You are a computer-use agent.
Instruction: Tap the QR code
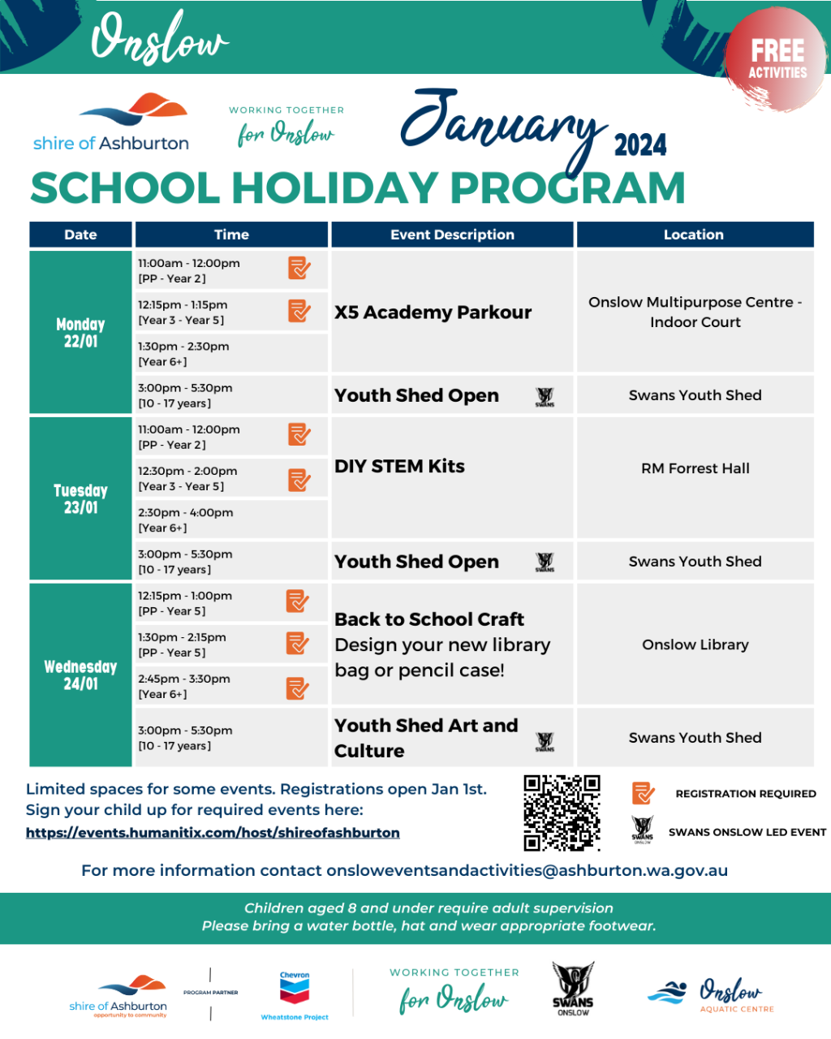click(562, 813)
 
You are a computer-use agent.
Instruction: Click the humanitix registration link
click(213, 833)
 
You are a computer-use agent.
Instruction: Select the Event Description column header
click(452, 235)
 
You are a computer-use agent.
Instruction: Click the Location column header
click(694, 235)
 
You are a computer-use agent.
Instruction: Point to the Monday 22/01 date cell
click(80, 333)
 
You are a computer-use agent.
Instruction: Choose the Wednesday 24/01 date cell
click(80, 675)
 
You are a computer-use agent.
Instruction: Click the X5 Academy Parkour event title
click(433, 313)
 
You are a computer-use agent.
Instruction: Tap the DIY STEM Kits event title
click(399, 467)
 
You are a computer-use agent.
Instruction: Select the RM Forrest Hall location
click(695, 468)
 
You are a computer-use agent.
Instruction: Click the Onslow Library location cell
click(695, 645)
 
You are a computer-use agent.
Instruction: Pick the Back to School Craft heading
click(429, 619)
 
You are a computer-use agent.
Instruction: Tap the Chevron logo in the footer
click(295, 993)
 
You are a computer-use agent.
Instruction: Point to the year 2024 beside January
click(640, 145)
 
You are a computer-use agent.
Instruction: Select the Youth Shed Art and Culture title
click(426, 738)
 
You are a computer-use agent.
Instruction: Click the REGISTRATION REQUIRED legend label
click(746, 794)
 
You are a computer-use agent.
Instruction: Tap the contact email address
click(527, 871)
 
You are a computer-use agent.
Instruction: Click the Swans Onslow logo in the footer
click(573, 989)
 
